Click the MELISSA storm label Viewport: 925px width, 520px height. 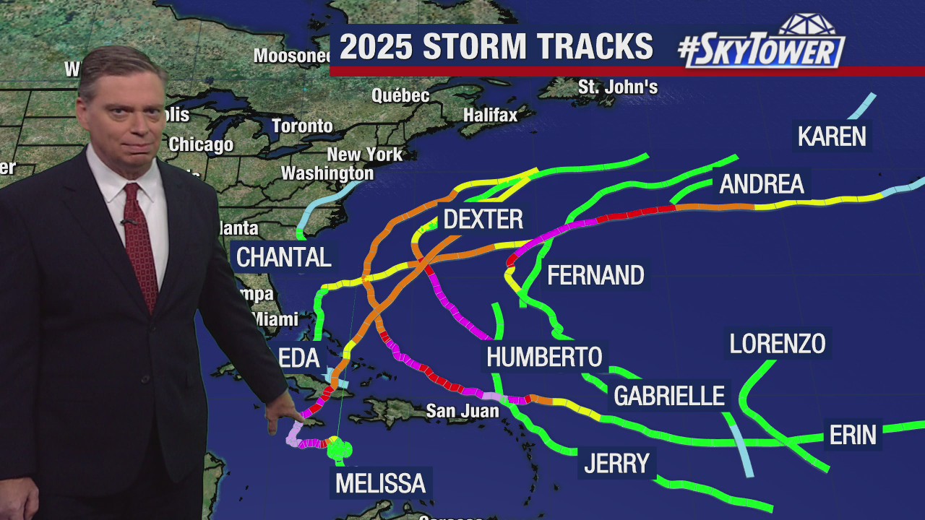[x=380, y=482]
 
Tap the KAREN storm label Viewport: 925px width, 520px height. [x=832, y=136]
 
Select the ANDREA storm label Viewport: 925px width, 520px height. [x=762, y=184]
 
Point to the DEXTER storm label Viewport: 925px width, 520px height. [x=483, y=219]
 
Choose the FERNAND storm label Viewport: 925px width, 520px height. [x=595, y=275]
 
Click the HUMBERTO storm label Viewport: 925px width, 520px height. [x=544, y=357]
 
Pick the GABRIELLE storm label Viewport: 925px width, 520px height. [x=669, y=396]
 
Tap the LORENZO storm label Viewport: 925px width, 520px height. [x=778, y=344]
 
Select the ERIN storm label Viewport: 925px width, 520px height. [x=853, y=435]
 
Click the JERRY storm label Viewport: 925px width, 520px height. [x=617, y=463]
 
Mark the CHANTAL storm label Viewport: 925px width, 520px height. [x=284, y=257]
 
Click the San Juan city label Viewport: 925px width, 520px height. [x=462, y=411]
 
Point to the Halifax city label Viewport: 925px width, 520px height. [x=491, y=115]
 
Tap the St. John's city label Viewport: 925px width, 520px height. [x=618, y=87]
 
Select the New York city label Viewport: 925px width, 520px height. [x=364, y=155]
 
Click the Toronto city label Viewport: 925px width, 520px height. [x=302, y=126]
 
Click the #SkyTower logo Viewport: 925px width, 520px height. [x=762, y=44]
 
